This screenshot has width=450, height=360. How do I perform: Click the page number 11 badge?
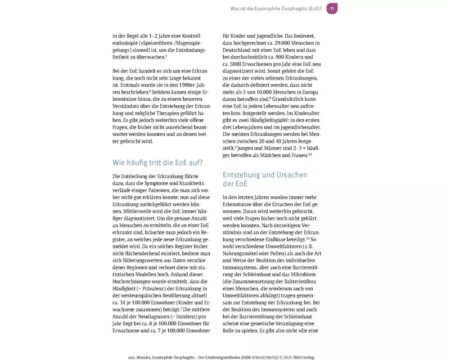332,9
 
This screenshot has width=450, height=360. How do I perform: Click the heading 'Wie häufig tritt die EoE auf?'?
157,162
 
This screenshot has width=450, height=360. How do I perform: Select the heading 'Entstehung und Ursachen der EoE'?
265,179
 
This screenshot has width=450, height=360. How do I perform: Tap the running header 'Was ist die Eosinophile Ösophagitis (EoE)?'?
276,9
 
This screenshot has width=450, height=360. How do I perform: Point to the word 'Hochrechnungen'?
134,281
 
